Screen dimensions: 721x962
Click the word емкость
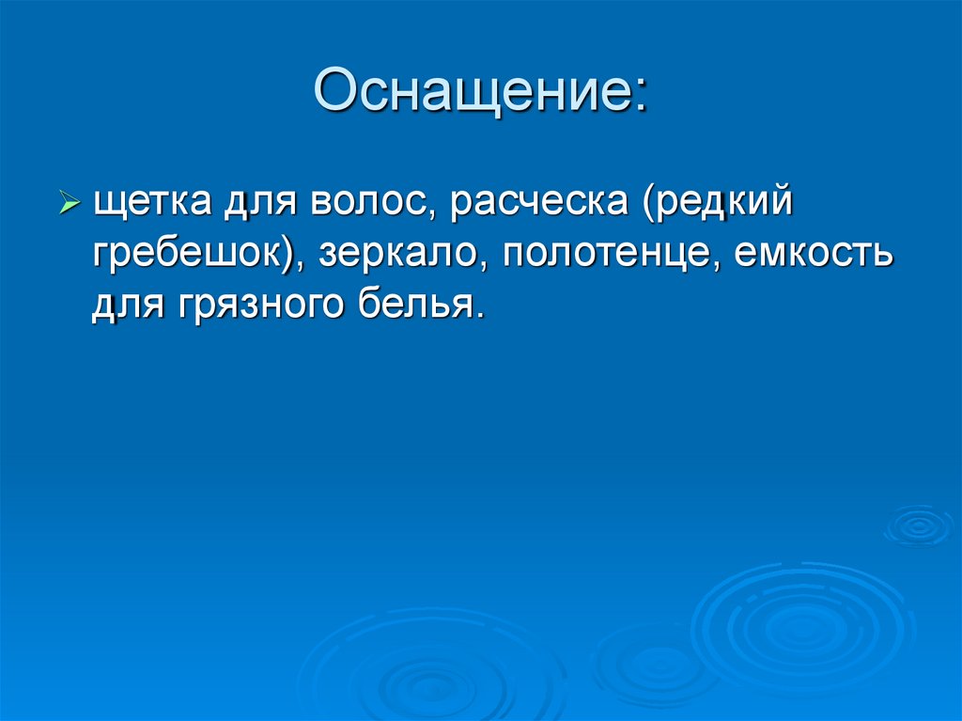[812, 254]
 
